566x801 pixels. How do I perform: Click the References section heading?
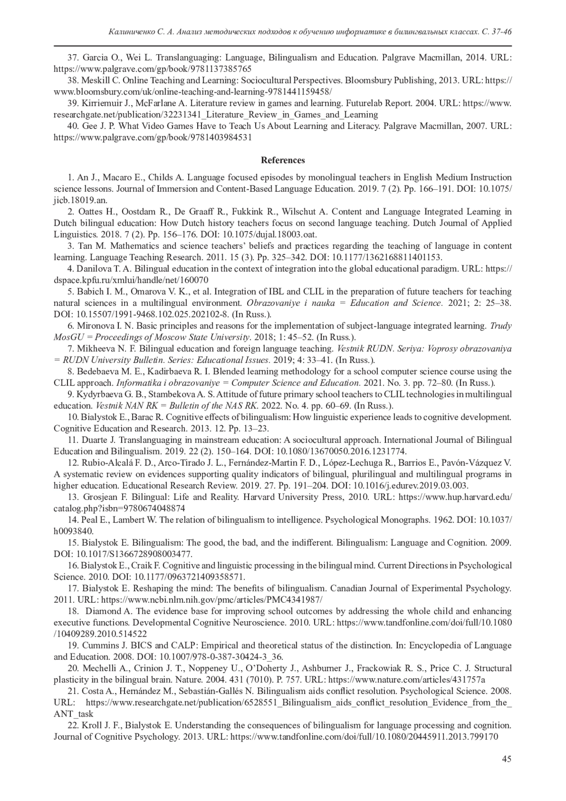coord(283,160)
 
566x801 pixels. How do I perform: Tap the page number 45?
coord(507,759)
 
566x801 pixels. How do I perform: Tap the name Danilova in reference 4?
coord(93,269)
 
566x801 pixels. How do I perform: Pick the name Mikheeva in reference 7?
coord(93,349)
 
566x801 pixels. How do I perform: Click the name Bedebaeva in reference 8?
coord(97,371)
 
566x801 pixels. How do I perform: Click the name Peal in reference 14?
coord(89,520)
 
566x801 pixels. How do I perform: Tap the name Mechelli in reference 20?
coord(98,668)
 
